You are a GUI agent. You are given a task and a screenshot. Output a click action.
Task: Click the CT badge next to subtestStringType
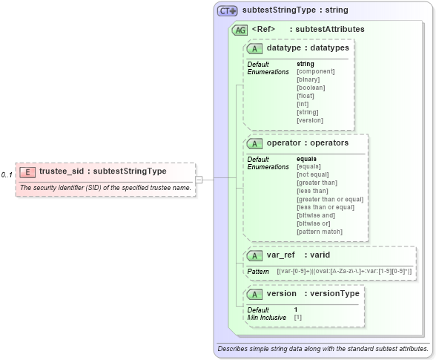tap(227, 11)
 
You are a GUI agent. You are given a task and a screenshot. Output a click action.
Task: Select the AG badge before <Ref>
tap(240, 30)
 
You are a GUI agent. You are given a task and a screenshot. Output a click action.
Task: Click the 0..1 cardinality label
tap(7, 175)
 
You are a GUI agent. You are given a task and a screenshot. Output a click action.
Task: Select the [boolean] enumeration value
tap(311, 88)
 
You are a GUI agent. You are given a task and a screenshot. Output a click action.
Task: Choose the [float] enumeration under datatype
tap(305, 96)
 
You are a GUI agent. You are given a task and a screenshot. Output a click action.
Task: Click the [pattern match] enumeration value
tap(320, 232)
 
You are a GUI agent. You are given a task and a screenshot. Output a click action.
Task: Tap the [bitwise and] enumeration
tap(317, 215)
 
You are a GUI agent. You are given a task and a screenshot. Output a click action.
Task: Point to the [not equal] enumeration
tap(313, 174)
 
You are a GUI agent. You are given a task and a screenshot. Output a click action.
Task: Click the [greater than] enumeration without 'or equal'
tap(317, 183)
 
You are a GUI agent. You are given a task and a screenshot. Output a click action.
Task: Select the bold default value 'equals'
tap(306, 159)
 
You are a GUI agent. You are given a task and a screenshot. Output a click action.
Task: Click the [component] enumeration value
tap(315, 71)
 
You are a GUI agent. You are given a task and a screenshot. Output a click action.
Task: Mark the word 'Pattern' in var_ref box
tap(258, 272)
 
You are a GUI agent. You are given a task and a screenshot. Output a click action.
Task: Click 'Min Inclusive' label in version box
tap(267, 318)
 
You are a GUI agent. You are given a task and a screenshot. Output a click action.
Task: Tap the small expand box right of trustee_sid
tap(199, 179)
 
